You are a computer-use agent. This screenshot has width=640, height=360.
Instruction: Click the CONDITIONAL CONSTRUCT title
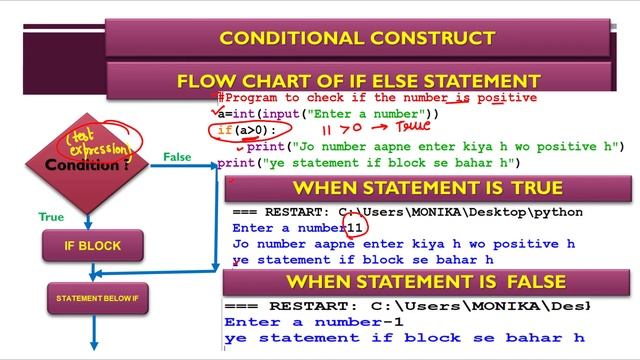click(x=357, y=39)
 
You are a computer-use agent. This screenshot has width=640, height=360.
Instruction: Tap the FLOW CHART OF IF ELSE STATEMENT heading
click(x=358, y=81)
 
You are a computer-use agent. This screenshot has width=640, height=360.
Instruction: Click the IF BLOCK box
click(x=93, y=245)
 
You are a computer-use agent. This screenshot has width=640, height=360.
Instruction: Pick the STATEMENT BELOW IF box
click(x=96, y=298)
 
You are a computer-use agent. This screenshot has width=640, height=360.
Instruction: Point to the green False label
click(x=177, y=157)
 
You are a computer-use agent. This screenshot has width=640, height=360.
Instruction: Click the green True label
click(x=51, y=217)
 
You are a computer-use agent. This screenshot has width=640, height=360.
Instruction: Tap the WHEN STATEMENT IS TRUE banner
click(x=427, y=188)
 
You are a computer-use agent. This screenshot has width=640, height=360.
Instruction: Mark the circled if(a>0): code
click(x=241, y=130)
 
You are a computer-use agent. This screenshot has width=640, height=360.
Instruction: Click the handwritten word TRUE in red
click(x=413, y=127)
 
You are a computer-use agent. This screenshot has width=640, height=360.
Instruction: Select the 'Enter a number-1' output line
click(x=314, y=322)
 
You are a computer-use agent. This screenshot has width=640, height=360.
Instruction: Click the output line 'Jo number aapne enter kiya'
click(x=403, y=243)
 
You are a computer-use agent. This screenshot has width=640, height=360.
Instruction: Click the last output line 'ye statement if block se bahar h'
click(x=404, y=338)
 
